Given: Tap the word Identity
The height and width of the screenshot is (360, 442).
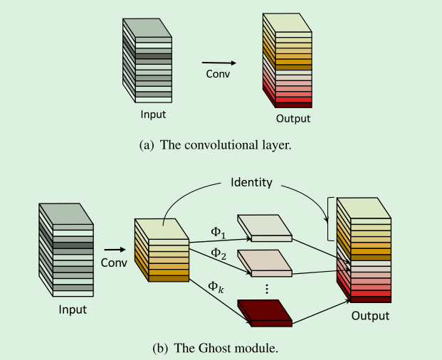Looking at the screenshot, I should coord(251,182).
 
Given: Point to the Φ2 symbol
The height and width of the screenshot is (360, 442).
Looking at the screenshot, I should coord(216,253).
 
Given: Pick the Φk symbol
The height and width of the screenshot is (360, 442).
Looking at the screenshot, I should coord(216,287).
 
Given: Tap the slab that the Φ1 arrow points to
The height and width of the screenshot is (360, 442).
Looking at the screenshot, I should coord(264,226).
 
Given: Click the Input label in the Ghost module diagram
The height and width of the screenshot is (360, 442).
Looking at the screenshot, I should coord(73,309).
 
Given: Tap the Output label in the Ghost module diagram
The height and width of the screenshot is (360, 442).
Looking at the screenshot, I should coord(370,315).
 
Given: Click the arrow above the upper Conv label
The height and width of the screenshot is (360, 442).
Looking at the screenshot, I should coord(218,63).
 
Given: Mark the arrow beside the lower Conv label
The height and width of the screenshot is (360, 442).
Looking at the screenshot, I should coord(114,250).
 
